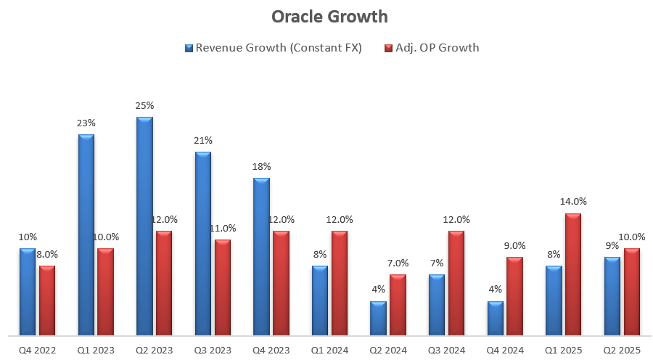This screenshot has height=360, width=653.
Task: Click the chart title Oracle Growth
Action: [x=329, y=17]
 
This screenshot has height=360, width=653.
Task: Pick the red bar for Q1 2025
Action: [x=573, y=274]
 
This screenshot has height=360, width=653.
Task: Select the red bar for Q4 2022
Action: [x=47, y=300]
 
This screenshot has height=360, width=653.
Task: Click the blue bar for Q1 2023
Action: [x=86, y=235]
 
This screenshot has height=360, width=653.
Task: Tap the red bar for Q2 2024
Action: [x=398, y=305]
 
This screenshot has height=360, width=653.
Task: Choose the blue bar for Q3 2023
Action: [x=202, y=244]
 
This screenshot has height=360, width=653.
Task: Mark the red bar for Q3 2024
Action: [x=456, y=283]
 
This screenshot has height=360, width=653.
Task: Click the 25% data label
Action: [x=144, y=106]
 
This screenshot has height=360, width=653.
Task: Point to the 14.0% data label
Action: [x=573, y=202]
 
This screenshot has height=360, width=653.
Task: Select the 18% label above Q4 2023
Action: [x=260, y=167]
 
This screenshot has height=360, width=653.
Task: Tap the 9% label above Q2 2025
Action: [x=612, y=245]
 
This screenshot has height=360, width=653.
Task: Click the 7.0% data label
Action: [x=398, y=263]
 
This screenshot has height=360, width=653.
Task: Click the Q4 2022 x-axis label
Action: [x=37, y=349]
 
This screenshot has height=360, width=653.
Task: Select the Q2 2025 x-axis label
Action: [x=622, y=349]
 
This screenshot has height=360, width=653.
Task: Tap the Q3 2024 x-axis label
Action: [x=446, y=349]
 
